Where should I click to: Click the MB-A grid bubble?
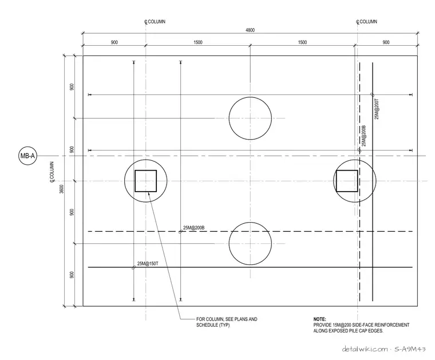coord(27,156)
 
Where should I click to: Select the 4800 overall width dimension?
coord(250,30)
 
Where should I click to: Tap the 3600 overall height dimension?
coord(62,189)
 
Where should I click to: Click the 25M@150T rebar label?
coord(148,263)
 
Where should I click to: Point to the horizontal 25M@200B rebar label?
coord(193,228)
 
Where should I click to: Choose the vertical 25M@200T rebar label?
coord(377,109)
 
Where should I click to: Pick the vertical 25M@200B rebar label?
coord(364,136)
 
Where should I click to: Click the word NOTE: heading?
coord(319,319)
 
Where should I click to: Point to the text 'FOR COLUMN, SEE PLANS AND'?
coord(227,319)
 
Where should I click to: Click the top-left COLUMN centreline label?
coord(155,22)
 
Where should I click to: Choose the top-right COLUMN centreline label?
coord(367,22)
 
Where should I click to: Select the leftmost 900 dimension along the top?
coord(114,42)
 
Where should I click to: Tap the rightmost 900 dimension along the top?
coord(386,42)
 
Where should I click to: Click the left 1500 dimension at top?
coord(198,42)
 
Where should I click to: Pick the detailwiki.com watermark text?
coord(365,349)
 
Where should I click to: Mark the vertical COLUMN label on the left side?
coord(52,172)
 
